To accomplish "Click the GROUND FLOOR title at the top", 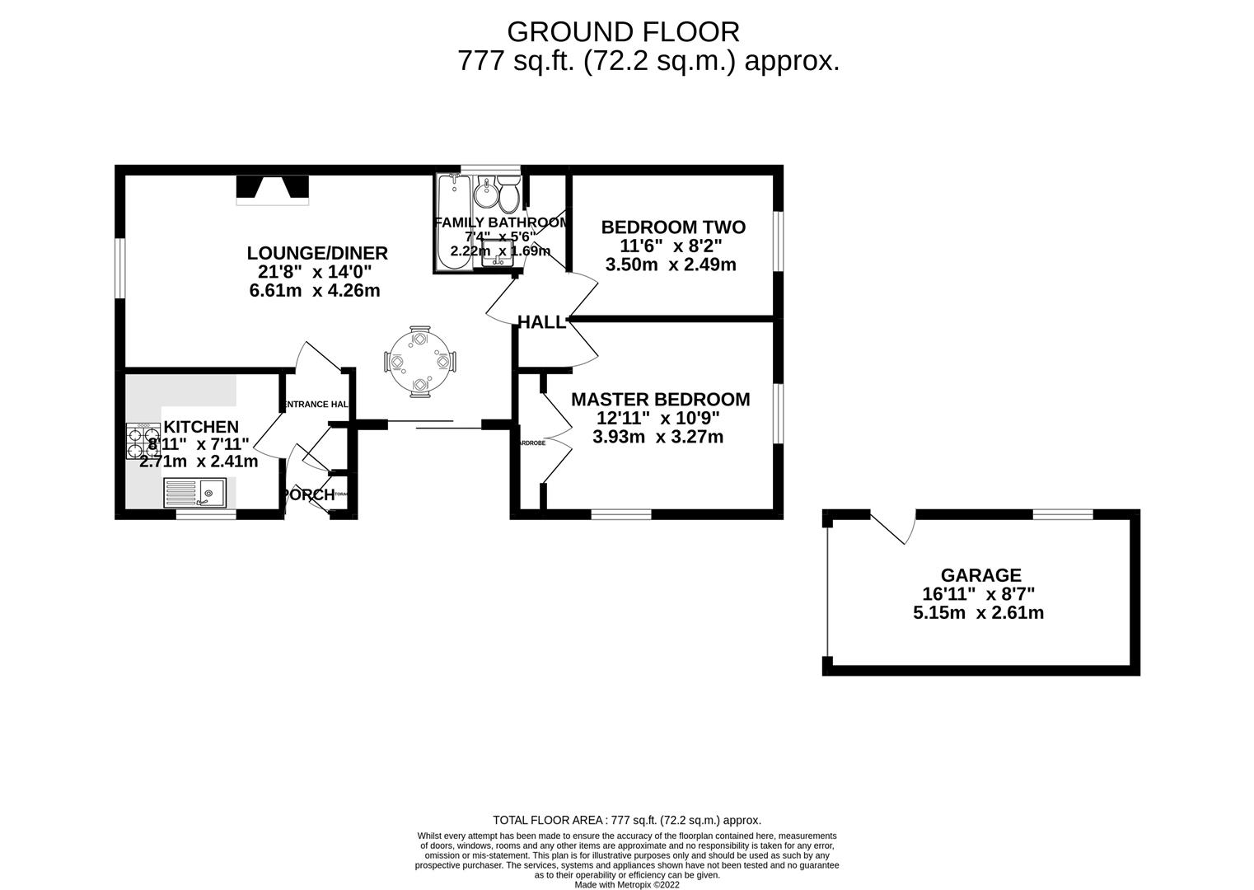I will pyautogui.click(x=623, y=31).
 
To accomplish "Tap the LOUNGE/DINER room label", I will pyautogui.click(x=317, y=253).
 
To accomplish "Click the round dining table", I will pyautogui.click(x=419, y=362).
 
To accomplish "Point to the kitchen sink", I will pyautogui.click(x=199, y=494).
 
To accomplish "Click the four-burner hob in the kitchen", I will pyautogui.click(x=143, y=442).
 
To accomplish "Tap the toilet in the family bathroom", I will pyautogui.click(x=508, y=194).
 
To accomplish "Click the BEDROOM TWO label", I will pyautogui.click(x=672, y=227).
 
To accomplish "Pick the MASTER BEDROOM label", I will pyautogui.click(x=660, y=400).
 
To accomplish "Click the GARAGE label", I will pyautogui.click(x=980, y=575).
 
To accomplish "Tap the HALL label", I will pyautogui.click(x=541, y=322).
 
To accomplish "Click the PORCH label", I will pyautogui.click(x=308, y=495).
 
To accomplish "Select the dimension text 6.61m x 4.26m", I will pyautogui.click(x=314, y=291).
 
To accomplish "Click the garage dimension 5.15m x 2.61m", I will pyautogui.click(x=978, y=613).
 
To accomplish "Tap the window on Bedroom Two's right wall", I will pyautogui.click(x=777, y=241).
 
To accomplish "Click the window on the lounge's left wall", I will pyautogui.click(x=120, y=268).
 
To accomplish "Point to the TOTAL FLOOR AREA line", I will pyautogui.click(x=626, y=820).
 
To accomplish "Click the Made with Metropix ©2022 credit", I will pyautogui.click(x=626, y=884).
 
